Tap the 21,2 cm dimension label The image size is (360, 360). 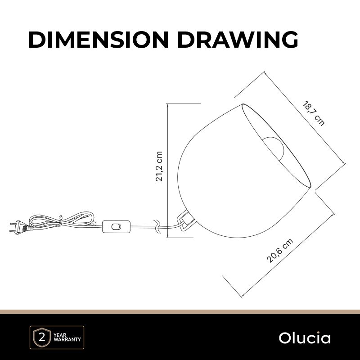click(159, 166)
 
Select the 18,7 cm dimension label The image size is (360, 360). click(314, 113)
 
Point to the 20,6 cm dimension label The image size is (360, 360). click(280, 251)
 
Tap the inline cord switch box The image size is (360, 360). click(116, 227)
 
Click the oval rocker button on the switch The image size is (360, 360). click(116, 227)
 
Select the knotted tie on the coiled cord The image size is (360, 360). click(60, 221)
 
